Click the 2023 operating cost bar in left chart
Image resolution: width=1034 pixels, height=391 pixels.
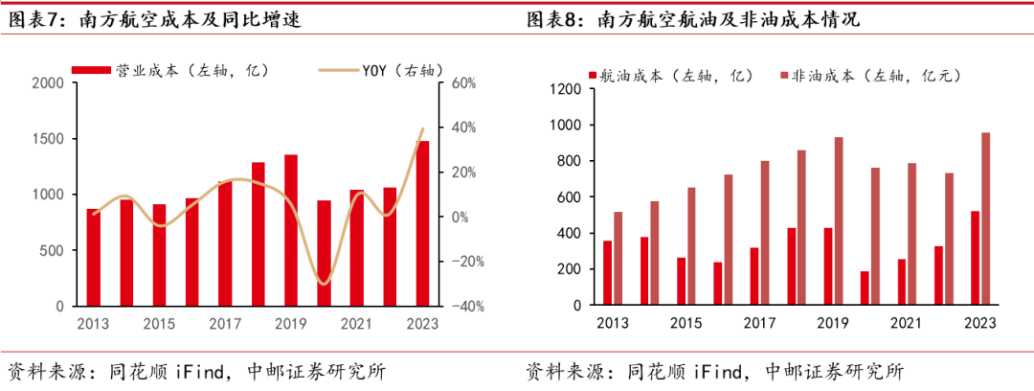coord(422,223)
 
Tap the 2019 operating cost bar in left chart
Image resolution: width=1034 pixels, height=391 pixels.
coord(290,230)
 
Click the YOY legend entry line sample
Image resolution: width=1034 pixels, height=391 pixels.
coord(337,70)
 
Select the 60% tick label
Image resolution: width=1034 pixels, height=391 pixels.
coord(462,83)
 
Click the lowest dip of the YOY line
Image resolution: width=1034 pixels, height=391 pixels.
coord(324,284)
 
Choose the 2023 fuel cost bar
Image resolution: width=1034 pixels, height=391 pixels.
coord(975,258)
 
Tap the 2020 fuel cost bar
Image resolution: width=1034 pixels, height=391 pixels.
coord(865,288)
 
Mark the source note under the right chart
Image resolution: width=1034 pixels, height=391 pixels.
coord(714,371)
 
